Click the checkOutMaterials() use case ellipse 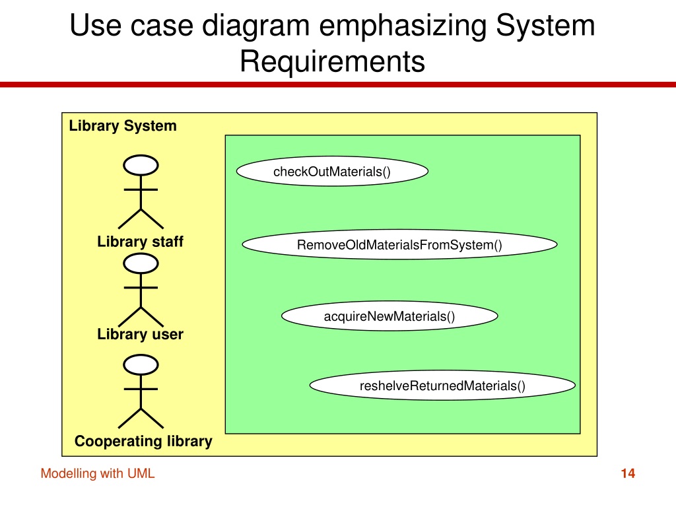tap(332, 171)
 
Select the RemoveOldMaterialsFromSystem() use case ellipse tap(399, 244)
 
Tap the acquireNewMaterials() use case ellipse tap(389, 316)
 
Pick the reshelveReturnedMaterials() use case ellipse tap(442, 386)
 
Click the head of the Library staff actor tap(141, 165)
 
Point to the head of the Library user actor tap(141, 263)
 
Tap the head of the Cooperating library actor tap(141, 364)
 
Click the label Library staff tap(140, 242)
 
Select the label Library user tap(140, 334)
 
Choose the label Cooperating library tap(143, 441)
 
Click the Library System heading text tap(123, 125)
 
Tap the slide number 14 tap(628, 473)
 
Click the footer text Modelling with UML tap(98, 473)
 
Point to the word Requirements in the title tap(333, 61)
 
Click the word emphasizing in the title tap(403, 26)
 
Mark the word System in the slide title tap(545, 26)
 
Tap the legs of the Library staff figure tap(141, 219)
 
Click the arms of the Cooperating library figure tap(141, 389)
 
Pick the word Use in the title tap(95, 25)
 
